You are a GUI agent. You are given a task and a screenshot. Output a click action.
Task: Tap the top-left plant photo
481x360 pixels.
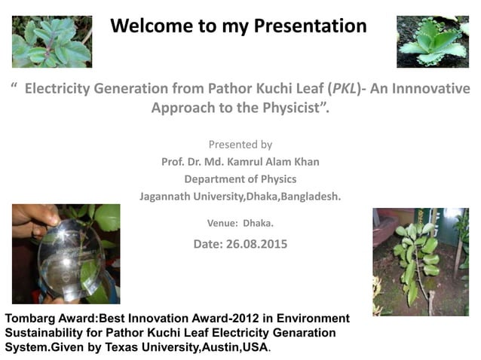click(52, 41)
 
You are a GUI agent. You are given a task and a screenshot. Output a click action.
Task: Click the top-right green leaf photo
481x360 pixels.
click(432, 41)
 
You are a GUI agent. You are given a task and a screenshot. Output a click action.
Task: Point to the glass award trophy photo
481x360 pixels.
click(66, 254)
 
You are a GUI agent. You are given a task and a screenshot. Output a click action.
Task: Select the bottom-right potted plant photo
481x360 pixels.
click(420, 261)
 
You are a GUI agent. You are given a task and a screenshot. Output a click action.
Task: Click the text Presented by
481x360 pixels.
click(240, 145)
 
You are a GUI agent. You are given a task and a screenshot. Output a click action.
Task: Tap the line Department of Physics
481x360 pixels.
click(240, 179)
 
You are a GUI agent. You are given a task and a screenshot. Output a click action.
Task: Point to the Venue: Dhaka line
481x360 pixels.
click(240, 223)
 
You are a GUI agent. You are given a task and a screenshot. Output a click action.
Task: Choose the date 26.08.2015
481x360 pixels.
click(259, 244)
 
